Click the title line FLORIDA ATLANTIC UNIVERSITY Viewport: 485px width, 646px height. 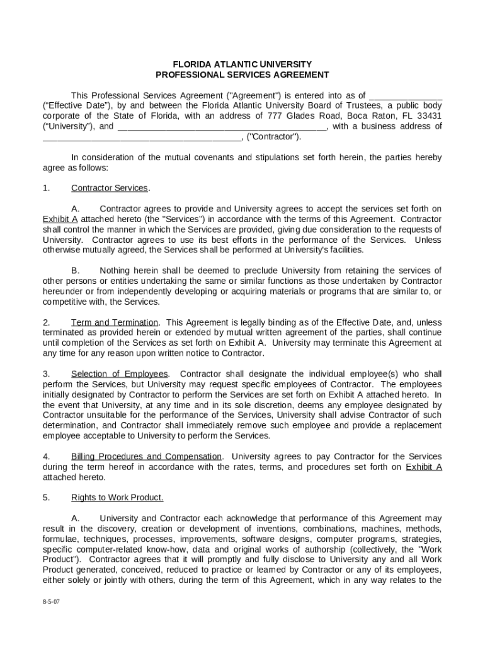(243, 64)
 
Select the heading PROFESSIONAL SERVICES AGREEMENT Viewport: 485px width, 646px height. (243, 74)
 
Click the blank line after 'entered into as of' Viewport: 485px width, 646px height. (405, 95)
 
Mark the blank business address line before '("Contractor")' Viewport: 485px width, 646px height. (141, 137)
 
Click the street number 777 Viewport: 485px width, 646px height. (275, 116)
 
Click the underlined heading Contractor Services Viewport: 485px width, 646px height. (110, 188)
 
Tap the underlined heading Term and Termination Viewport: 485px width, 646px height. (115, 322)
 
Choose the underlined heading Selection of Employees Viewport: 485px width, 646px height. (120, 374)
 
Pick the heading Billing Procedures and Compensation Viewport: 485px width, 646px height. (146, 457)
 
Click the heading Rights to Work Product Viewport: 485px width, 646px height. (117, 498)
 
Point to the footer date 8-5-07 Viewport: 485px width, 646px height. (52, 602)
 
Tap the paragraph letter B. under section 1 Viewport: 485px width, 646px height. (75, 271)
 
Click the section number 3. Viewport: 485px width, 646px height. (46, 374)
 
